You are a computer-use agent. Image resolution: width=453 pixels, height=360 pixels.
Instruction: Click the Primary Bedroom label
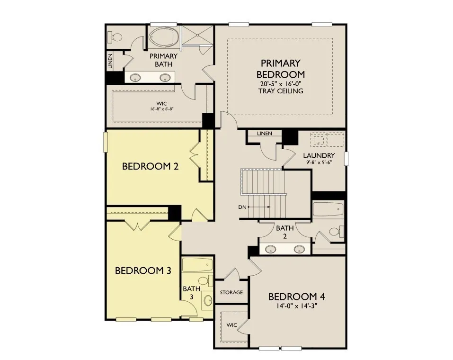[x=281, y=69]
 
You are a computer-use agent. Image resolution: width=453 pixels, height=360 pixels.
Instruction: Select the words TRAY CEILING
[x=281, y=91]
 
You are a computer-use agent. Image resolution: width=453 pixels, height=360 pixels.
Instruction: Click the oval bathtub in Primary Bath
[x=164, y=37]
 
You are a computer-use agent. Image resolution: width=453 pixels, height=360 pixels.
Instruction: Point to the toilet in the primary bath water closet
[x=115, y=37]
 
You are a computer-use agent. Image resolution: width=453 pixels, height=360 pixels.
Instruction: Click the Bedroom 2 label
[x=150, y=166]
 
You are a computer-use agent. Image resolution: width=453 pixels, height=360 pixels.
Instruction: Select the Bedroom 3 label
[x=143, y=270]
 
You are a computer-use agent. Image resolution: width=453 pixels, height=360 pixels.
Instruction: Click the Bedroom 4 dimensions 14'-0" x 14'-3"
[x=296, y=306]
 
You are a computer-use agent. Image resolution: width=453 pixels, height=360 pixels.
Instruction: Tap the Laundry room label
[x=319, y=155]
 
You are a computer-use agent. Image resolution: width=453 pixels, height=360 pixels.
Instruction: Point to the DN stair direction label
[x=242, y=207]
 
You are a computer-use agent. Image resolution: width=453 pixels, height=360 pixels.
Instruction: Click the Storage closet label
[x=231, y=292]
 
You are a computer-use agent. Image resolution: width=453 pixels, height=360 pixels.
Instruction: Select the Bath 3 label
[x=192, y=293]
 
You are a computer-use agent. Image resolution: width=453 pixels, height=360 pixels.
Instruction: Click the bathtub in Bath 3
[x=197, y=265]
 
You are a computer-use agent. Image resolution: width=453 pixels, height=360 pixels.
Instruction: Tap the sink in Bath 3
[x=208, y=301]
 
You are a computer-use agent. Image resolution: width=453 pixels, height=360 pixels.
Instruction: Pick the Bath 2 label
[x=285, y=232]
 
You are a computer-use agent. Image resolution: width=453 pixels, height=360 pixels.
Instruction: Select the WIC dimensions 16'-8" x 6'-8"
[x=161, y=109]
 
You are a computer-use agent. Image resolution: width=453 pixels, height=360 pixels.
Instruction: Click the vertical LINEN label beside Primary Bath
[x=110, y=61]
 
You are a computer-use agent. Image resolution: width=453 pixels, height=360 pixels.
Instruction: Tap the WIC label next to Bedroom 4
[x=231, y=325]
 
